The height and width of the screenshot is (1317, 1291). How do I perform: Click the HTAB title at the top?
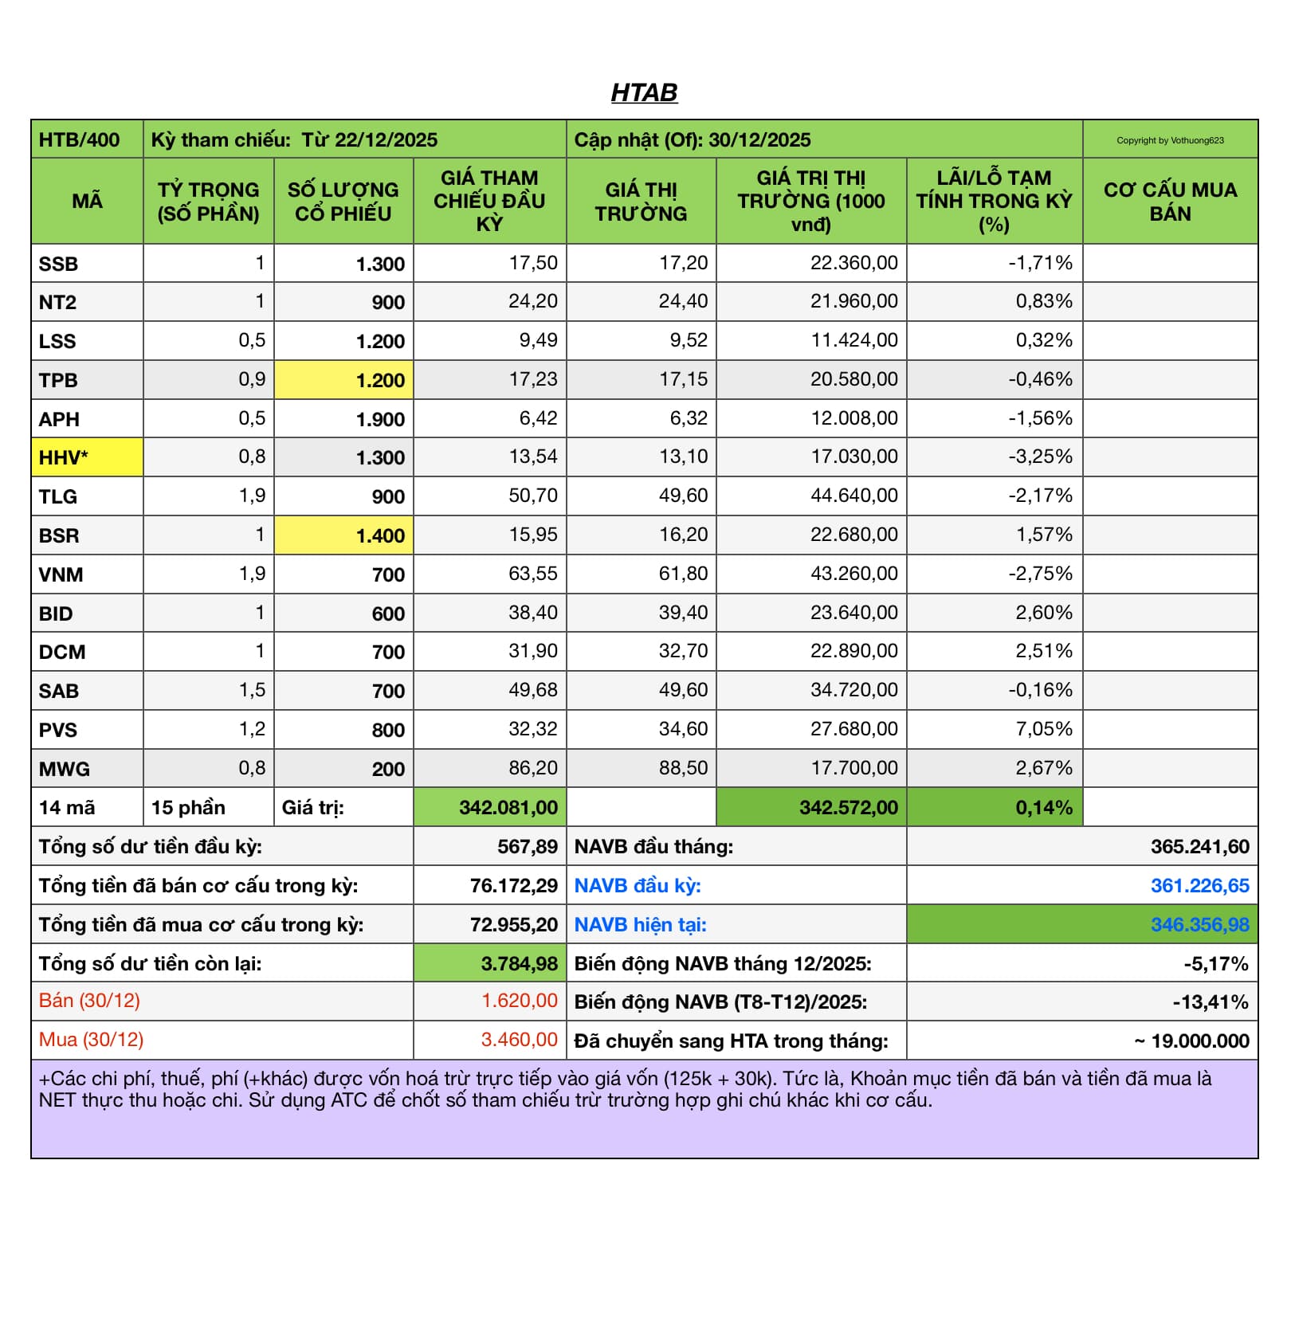pos(644,93)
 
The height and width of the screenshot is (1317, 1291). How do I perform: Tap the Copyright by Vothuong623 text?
pos(1169,140)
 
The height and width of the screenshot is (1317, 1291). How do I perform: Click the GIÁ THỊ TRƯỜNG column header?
pos(641,201)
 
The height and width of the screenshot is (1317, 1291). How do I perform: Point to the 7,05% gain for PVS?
pos(1043,729)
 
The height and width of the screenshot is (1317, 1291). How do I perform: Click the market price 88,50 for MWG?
pos(683,768)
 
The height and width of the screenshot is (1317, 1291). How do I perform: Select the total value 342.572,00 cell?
pos(848,807)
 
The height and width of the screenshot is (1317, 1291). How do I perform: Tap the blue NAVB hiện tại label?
pos(640,924)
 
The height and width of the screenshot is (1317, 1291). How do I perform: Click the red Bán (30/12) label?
pos(89,1001)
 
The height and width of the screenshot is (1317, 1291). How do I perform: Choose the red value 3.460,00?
pos(519,1040)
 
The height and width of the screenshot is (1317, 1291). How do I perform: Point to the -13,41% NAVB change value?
pos(1210,1002)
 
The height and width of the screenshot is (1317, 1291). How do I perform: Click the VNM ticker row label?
pos(61,574)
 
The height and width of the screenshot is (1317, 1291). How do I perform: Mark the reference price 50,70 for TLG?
pos(532,496)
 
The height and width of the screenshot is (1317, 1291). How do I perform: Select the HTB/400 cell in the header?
pos(80,140)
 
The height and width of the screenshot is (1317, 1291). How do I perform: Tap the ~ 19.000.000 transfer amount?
pos(1191,1041)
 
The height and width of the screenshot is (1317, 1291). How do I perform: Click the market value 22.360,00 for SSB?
pos(853,263)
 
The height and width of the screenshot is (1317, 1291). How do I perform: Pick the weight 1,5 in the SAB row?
pos(252,690)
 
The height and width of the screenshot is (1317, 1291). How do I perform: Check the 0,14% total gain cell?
pos(1043,807)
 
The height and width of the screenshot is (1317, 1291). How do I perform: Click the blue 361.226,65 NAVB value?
pos(1199,885)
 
